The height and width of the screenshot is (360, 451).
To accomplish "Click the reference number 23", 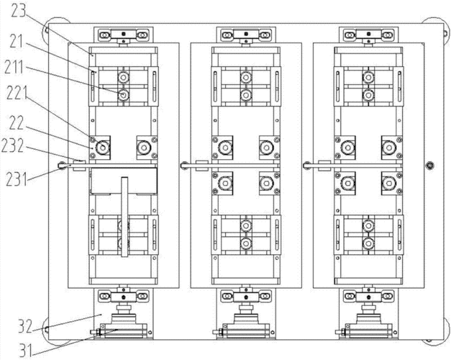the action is pyautogui.click(x=19, y=11).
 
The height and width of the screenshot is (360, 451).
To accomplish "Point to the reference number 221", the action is pyautogui.click(x=17, y=93).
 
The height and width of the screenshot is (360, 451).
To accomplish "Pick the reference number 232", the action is pyautogui.click(x=13, y=145).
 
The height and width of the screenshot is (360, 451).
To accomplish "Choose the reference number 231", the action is pyautogui.click(x=17, y=179).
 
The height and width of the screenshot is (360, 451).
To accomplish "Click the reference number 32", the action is pyautogui.click(x=25, y=325).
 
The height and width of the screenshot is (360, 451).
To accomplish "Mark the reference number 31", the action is pyautogui.click(x=26, y=351).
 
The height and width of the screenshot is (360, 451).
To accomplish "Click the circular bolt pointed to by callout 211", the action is pyautogui.click(x=124, y=94).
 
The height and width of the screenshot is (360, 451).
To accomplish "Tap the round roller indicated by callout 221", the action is pyautogui.click(x=102, y=148).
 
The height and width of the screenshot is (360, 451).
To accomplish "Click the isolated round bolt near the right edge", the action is pyautogui.click(x=429, y=166).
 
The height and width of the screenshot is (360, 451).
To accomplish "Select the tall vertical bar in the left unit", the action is pyautogui.click(x=124, y=217).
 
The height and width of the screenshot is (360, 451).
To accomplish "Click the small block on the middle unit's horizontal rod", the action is pyautogui.click(x=201, y=166).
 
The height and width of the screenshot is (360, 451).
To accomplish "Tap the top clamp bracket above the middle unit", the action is pyautogui.click(x=245, y=35).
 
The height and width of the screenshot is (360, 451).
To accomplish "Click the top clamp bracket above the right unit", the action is pyautogui.click(x=368, y=35).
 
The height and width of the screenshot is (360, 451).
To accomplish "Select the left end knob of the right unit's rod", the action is pyautogui.click(x=306, y=166).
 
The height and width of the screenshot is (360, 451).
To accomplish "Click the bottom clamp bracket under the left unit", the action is pyautogui.click(x=124, y=296).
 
